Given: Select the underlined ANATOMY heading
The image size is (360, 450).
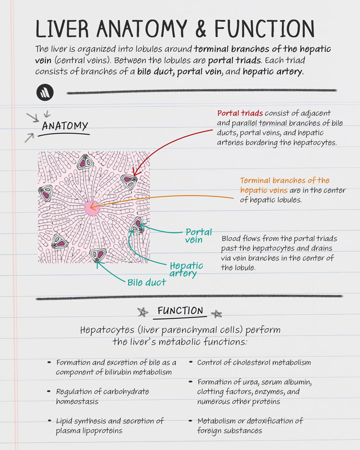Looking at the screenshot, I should point(65,126).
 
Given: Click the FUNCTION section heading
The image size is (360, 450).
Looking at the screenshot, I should point(180,311).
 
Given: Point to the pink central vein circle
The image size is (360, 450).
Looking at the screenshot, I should point(91,208).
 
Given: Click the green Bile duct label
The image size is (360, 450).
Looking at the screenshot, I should point(147,283).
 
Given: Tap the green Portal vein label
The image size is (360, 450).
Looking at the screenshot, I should point(198,236).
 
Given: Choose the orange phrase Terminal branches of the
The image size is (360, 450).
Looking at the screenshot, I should point(284,180).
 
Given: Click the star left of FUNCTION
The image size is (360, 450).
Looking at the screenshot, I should point(142,312).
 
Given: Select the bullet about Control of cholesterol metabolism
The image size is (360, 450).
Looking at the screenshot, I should point(254,362).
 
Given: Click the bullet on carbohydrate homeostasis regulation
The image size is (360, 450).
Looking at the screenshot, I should point(103,396).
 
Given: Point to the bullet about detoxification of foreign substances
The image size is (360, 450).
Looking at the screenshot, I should point(250,426).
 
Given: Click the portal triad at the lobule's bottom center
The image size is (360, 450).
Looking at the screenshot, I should point(97,255).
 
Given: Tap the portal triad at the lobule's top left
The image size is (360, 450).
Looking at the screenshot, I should point(84,162).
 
